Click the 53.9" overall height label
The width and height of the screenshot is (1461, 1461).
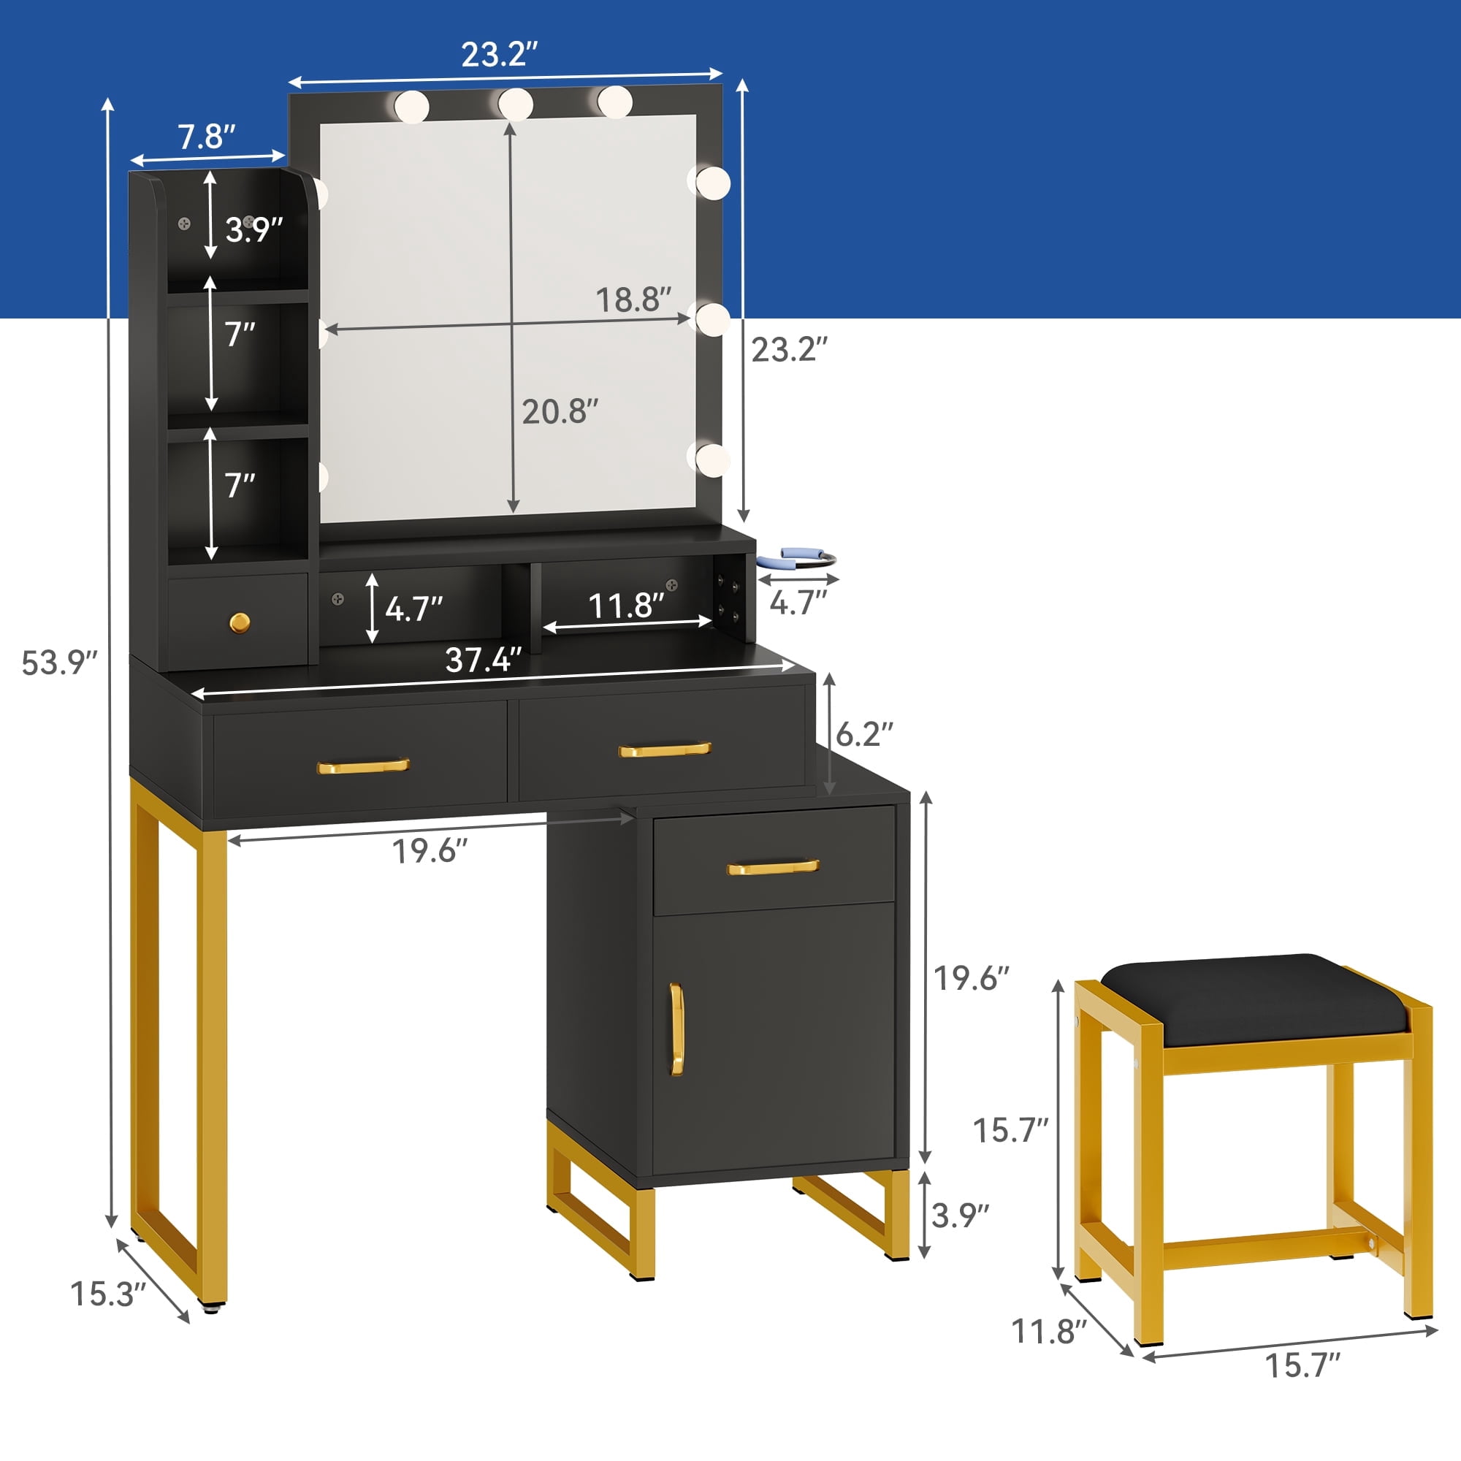[x=59, y=663]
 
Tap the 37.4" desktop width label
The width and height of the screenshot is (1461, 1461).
[x=483, y=660]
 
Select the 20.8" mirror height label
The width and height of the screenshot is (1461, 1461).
[x=560, y=411]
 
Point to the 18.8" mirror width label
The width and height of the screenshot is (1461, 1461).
[x=633, y=300]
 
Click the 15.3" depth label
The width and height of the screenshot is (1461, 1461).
[x=107, y=1293]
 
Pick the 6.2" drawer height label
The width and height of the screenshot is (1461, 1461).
[x=864, y=733]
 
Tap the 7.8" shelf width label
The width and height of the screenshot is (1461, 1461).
[x=207, y=137]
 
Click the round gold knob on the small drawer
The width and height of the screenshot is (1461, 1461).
[x=240, y=623]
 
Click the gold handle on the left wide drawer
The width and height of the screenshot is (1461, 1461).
[x=363, y=766]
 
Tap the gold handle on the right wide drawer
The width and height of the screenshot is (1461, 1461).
[x=665, y=749]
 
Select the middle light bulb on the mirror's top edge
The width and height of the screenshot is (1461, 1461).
[x=516, y=104]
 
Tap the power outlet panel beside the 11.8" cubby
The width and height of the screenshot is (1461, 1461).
[x=728, y=598]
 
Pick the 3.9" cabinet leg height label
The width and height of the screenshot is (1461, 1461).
[x=961, y=1216]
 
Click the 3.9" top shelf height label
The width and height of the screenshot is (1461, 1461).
[x=254, y=229]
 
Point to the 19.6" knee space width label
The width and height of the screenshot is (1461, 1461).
[x=430, y=852]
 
